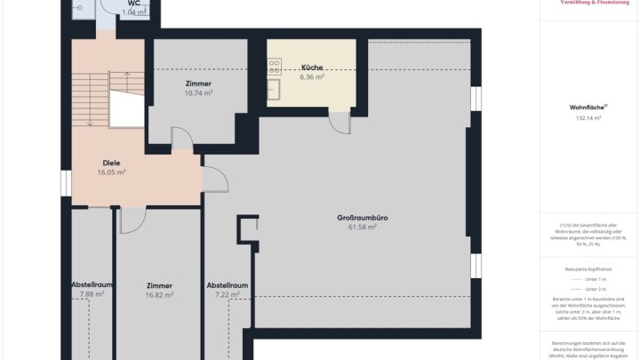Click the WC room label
[133, 4]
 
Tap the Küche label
[312, 68]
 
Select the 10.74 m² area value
[196, 93]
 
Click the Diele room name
[111, 163]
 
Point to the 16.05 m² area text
[111, 172]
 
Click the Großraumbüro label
[361, 218]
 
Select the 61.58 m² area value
[361, 228]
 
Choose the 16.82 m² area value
[159, 295]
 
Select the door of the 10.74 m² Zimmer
[181, 139]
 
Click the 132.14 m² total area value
[588, 117]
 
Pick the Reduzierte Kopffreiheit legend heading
[588, 267]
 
